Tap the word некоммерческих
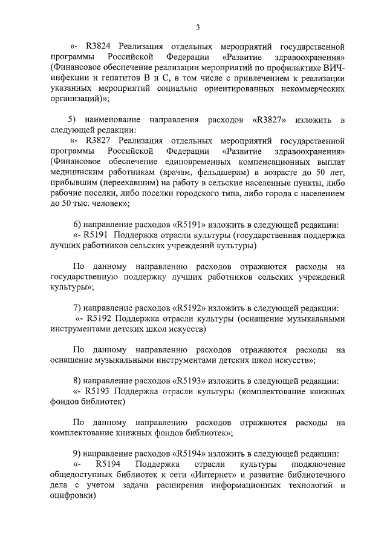(x=307, y=90)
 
